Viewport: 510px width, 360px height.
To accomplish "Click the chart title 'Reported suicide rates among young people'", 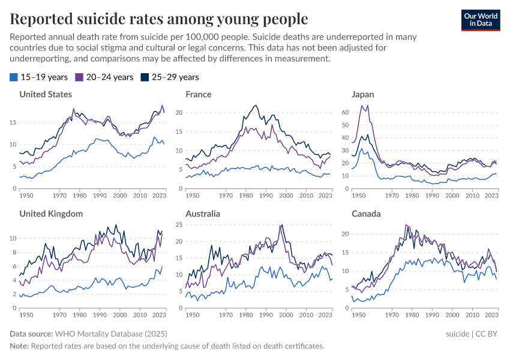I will point(159,19).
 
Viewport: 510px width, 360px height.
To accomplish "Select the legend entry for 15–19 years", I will point(38,77).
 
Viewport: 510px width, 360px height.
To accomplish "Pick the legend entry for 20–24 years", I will point(104,77).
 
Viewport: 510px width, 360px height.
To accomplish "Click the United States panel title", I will point(46,94).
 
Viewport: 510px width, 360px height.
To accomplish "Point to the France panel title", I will point(199,94).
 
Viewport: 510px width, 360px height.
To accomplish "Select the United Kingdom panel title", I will point(51,214).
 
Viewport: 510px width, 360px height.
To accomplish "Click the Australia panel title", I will point(203,214).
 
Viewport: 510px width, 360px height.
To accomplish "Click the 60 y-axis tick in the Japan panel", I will point(344,112).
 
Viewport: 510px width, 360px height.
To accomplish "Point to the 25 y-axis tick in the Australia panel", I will point(179,225).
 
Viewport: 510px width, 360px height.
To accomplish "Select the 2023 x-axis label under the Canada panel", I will point(491,314).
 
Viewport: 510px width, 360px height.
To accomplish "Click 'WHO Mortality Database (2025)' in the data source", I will point(111,334).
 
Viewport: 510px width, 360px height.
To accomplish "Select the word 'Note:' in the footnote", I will point(19,346).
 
